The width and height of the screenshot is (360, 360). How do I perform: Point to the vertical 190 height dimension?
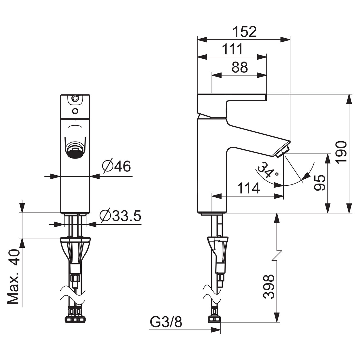click(x=341, y=153)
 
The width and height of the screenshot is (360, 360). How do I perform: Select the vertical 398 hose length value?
click(x=268, y=289)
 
